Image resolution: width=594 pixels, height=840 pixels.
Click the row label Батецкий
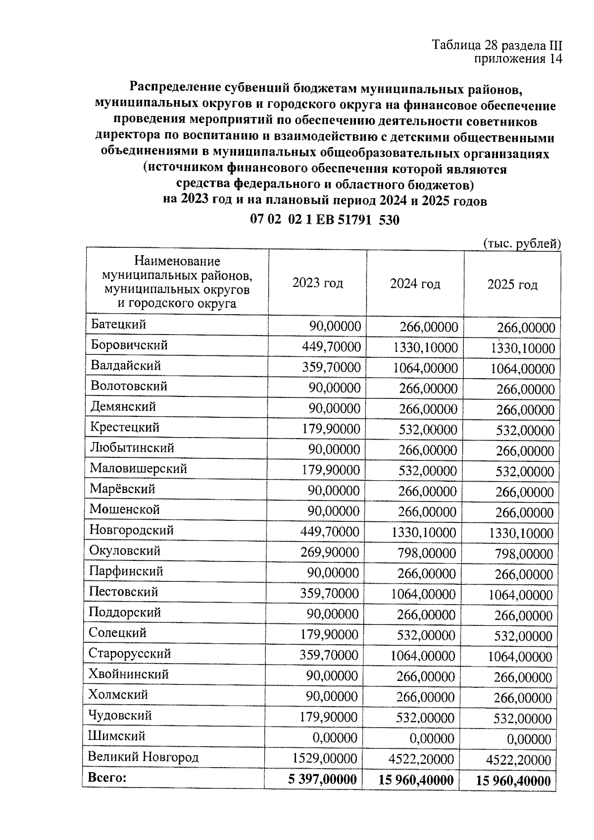point(118,325)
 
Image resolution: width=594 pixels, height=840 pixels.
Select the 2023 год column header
point(317,283)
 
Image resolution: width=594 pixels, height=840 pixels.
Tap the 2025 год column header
point(512,284)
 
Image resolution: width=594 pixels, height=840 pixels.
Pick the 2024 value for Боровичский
point(425,347)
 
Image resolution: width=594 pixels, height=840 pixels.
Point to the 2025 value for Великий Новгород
point(519,760)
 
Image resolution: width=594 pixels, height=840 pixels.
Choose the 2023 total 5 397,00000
point(322,779)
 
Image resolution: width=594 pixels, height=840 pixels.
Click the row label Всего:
point(107,777)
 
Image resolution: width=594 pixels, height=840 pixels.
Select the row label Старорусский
point(130,654)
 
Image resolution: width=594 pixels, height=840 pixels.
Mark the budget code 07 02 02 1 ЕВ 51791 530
point(325,220)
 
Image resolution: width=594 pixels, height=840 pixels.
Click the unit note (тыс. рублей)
point(521,243)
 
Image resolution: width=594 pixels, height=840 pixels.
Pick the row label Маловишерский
point(138,468)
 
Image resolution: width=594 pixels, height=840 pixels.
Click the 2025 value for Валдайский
point(522,369)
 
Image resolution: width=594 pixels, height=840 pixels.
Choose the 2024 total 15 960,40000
point(416,780)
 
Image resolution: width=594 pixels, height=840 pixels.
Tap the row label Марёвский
point(122,489)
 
